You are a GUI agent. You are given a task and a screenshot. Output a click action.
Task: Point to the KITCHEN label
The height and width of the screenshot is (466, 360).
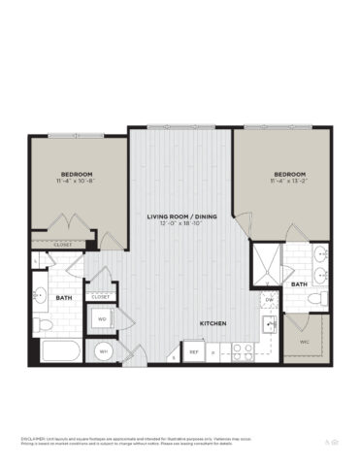pyautogui.click(x=213, y=323)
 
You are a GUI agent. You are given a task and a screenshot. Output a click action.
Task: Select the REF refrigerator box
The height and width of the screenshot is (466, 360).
pyautogui.click(x=193, y=351)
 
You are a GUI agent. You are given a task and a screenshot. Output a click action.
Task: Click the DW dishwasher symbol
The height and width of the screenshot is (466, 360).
pyautogui.click(x=269, y=300)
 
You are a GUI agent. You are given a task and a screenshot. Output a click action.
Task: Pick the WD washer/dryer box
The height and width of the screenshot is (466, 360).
pyautogui.click(x=101, y=317)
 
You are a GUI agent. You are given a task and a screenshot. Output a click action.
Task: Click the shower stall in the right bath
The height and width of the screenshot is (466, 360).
pyautogui.click(x=265, y=262)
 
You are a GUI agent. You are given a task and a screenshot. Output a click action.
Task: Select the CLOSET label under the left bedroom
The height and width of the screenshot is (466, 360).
pyautogui.click(x=64, y=246)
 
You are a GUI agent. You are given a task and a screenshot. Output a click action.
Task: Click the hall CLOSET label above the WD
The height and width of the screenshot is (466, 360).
pyautogui.click(x=101, y=295)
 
